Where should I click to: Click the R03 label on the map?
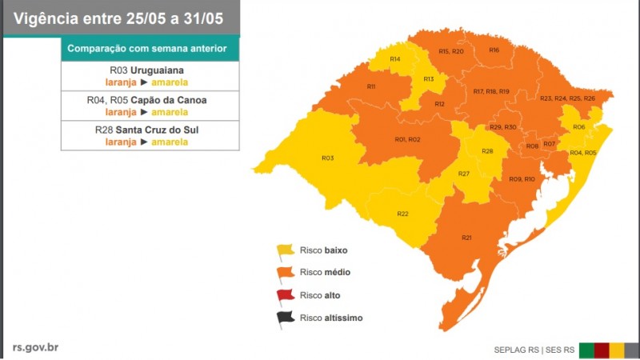click(x=327, y=158)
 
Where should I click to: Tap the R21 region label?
click(x=466, y=237)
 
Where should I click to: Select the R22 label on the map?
click(x=402, y=214)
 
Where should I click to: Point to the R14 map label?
click(x=395, y=59)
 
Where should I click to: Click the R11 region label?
click(x=371, y=86)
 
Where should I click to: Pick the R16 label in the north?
click(x=494, y=50)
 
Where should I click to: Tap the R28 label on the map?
click(x=487, y=151)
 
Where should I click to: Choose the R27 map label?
click(x=463, y=174)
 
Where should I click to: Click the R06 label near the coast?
click(x=578, y=127)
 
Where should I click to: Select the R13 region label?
click(x=429, y=79)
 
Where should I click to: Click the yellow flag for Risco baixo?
click(x=285, y=251)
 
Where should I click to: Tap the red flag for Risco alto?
click(x=285, y=296)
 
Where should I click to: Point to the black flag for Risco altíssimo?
click(x=285, y=318)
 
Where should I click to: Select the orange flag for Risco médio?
click(x=285, y=274)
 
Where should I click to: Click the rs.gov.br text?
click(x=35, y=346)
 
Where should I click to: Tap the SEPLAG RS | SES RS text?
click(x=534, y=350)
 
